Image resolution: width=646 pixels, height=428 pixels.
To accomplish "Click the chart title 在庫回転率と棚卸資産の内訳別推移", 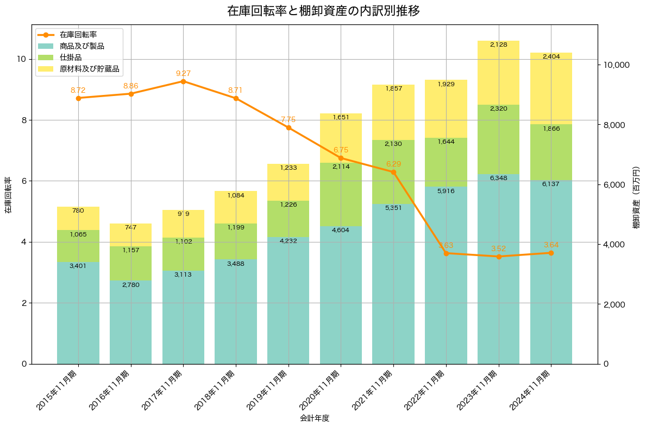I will pyautogui.click(x=323, y=11).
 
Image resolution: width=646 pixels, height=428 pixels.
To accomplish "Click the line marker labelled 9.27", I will pyautogui.click(x=183, y=81).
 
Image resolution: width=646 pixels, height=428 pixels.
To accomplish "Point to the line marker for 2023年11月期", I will pyautogui.click(x=499, y=257).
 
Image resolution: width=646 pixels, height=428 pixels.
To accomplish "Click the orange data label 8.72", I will pyautogui.click(x=78, y=90).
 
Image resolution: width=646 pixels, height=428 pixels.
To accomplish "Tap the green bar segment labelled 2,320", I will pyautogui.click(x=499, y=139).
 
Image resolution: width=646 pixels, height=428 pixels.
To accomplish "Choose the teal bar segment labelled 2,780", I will pyautogui.click(x=130, y=322).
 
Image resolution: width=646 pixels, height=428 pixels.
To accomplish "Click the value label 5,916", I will pyautogui.click(x=446, y=191).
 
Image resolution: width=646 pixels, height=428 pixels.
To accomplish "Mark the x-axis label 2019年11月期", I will pyautogui.click(x=272, y=388).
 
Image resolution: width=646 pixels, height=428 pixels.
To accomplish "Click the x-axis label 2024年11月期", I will pyautogui.click(x=535, y=388).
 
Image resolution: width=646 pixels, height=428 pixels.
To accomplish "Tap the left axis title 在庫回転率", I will pyautogui.click(x=8, y=195).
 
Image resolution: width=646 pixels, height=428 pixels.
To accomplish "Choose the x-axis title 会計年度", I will pyautogui.click(x=315, y=418).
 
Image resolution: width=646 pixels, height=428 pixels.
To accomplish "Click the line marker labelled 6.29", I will pyautogui.click(x=393, y=172).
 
